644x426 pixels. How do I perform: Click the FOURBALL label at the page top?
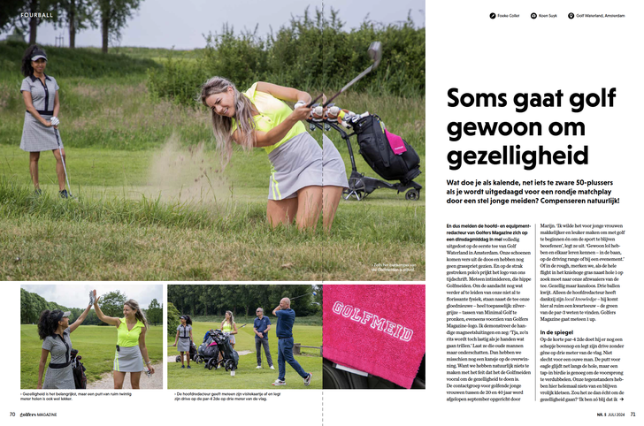pyautogui.click(x=37, y=14)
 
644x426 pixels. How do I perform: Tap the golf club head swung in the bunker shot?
pyautogui.click(x=375, y=53)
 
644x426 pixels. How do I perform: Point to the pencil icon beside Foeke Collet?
pyautogui.click(x=492, y=15)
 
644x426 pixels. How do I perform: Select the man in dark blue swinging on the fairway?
pyautogui.click(x=285, y=340)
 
